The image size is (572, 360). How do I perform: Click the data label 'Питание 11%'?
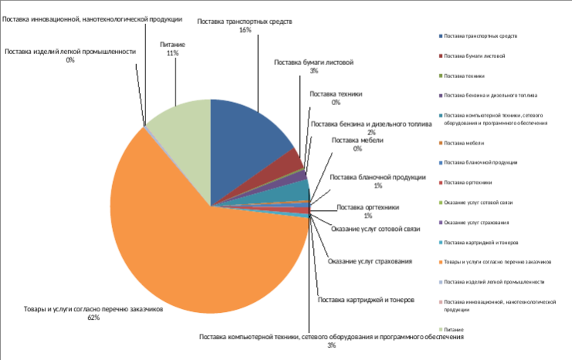coord(172,49)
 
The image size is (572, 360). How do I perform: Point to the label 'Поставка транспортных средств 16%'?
coord(244,25)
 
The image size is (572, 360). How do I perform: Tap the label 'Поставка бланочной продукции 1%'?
coord(378,181)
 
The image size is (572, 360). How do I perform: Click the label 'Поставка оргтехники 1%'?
coord(368,211)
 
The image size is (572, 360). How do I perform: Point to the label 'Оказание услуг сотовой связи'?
coord(375,229)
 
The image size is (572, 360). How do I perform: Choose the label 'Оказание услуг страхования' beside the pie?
coord(370,260)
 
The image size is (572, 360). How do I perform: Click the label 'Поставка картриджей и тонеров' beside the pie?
coord(367,299)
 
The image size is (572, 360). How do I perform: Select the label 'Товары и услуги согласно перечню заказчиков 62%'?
coord(94,313)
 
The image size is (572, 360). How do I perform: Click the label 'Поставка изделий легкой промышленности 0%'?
coord(70,56)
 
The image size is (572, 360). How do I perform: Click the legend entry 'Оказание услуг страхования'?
coord(476,222)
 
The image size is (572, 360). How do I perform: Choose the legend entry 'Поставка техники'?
coord(465,76)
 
